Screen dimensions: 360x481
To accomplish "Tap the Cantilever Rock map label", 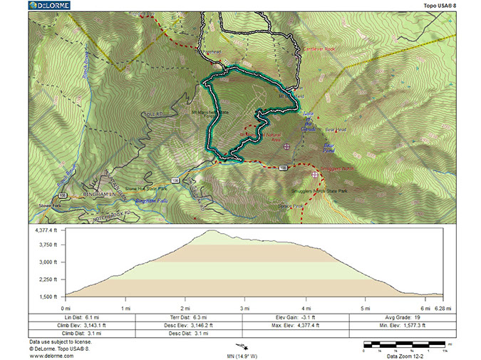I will pyautogui.click(x=320, y=49).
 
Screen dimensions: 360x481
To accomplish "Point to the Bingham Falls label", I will pyautogui.click(x=152, y=201).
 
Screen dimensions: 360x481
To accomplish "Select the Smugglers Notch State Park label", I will pyautogui.click(x=321, y=191).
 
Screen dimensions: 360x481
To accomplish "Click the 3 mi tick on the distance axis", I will pyautogui.click(x=245, y=308).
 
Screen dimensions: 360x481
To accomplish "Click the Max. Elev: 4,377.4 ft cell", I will pyautogui.click(x=296, y=324).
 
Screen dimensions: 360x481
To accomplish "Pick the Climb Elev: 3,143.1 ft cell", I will pyautogui.click(x=82, y=324).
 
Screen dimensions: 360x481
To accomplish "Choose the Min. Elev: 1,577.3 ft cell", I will pyautogui.click(x=402, y=324).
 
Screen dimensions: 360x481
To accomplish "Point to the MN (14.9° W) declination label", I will pyautogui.click(x=242, y=356).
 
